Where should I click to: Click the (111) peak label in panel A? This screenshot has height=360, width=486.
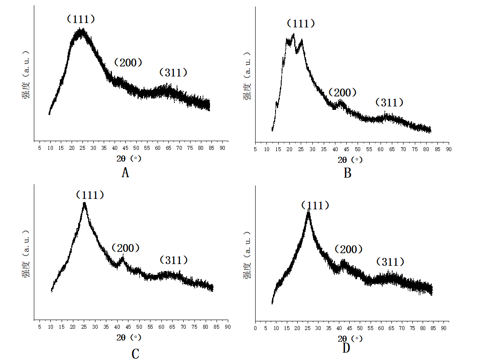click(x=81, y=19)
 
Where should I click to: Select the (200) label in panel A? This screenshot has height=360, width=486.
click(x=128, y=63)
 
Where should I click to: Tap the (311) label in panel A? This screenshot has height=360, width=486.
click(x=174, y=73)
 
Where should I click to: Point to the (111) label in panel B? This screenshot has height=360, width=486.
click(x=301, y=23)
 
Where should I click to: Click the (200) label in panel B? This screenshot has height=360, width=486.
click(x=342, y=92)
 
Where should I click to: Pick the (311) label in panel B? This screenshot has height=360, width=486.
click(x=389, y=102)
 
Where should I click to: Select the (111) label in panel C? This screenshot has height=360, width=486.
click(x=90, y=195)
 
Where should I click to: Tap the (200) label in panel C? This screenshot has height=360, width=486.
click(x=126, y=248)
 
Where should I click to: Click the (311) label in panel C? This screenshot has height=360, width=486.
click(x=174, y=260)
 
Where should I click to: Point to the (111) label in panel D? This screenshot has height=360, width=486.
click(x=315, y=205)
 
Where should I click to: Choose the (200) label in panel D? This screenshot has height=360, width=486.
click(x=348, y=249)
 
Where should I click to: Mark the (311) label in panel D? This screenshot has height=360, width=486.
click(x=390, y=262)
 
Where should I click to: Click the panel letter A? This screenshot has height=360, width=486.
click(x=125, y=173)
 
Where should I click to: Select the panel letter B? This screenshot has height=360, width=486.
click(x=347, y=173)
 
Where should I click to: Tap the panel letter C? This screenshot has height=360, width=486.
click(x=135, y=354)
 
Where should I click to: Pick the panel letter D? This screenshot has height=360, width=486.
click(x=346, y=348)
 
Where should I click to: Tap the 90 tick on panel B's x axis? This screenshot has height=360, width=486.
click(x=449, y=149)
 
